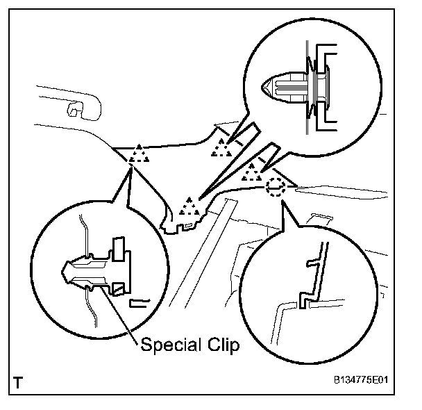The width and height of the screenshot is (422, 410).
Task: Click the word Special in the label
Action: coord(166,344)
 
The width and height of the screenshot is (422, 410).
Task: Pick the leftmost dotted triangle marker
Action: coord(139,154)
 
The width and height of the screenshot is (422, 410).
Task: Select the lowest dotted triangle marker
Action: coord(188,206)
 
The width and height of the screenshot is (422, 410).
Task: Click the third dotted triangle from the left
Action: coord(222,147)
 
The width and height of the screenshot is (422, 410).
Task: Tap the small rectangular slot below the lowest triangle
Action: coord(188,224)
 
